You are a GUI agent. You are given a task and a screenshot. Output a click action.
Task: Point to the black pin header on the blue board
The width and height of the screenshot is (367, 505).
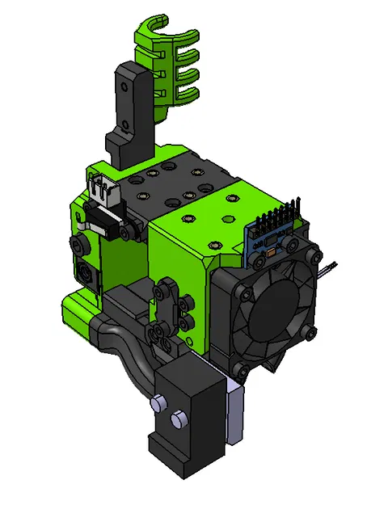(x=280, y=218)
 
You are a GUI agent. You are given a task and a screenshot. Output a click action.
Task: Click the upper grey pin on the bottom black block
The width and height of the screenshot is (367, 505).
(x=158, y=402)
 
